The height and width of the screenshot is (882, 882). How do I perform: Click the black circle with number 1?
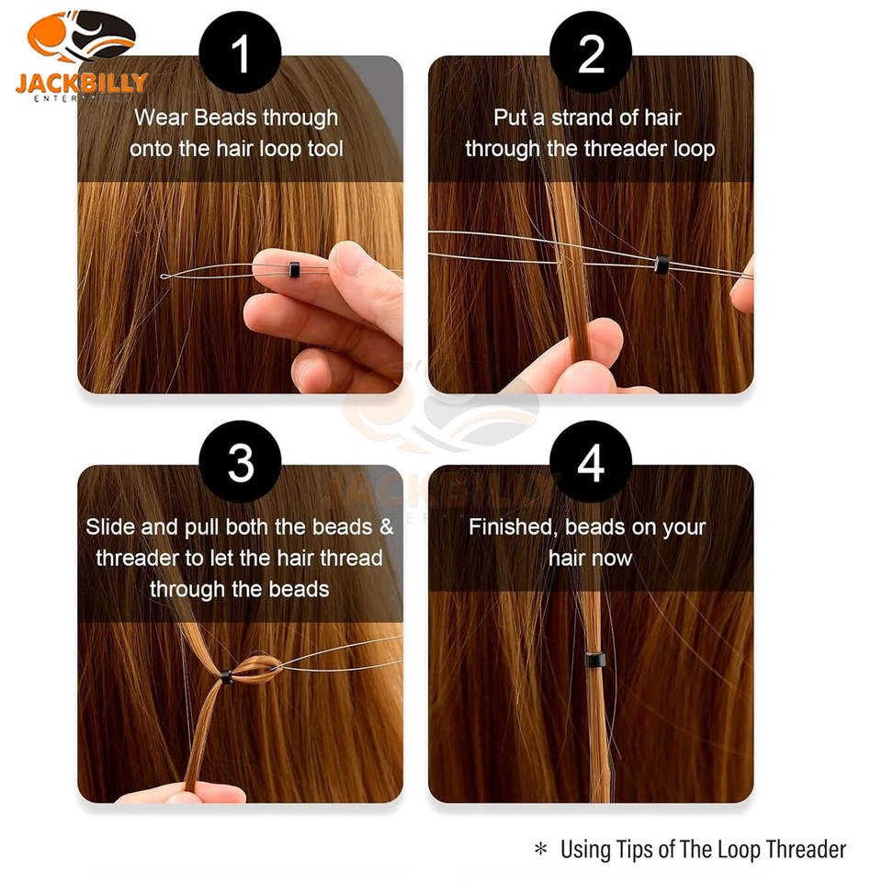tap(240, 52)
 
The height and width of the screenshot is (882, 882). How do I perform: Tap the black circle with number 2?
tap(591, 52)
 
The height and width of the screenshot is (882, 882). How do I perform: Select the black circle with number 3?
tap(240, 462)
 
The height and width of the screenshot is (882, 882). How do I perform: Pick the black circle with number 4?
tap(591, 462)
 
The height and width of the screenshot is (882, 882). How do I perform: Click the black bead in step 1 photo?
tap(294, 269)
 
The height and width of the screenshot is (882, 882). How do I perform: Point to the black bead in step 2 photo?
tap(661, 265)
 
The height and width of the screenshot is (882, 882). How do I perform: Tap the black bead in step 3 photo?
tap(226, 677)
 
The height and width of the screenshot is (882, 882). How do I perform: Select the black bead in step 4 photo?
tap(594, 659)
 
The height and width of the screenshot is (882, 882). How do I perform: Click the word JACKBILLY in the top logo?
tap(81, 84)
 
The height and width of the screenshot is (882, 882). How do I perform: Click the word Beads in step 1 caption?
tap(226, 118)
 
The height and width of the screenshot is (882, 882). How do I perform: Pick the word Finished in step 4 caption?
tap(514, 527)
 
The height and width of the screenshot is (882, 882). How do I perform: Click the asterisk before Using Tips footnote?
tap(540, 848)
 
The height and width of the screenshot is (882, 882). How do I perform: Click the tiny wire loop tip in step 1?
tap(164, 277)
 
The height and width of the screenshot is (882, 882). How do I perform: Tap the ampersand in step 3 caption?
tap(387, 527)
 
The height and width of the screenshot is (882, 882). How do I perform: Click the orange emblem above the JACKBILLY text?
tap(81, 37)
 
